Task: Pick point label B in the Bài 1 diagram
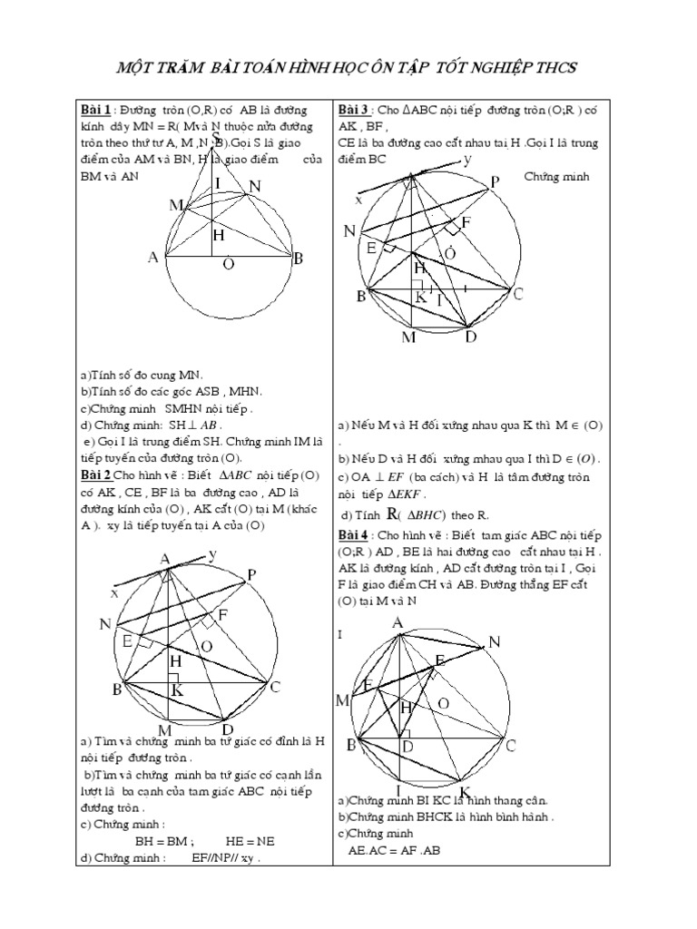click(x=298, y=259)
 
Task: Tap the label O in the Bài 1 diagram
click(x=228, y=264)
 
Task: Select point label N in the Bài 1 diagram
click(x=255, y=188)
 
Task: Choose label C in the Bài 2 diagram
click(x=275, y=687)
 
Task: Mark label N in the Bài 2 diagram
click(x=105, y=624)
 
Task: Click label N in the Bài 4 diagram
click(x=495, y=643)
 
